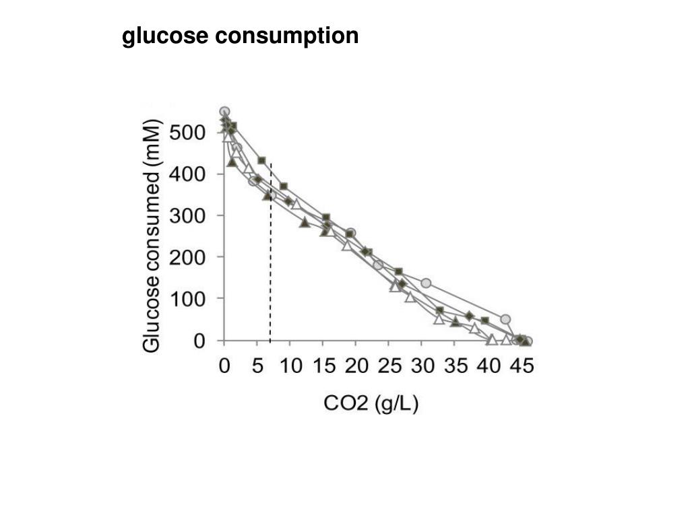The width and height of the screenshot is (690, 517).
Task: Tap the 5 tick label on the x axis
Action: [258, 367]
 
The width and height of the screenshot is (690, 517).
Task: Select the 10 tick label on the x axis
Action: [290, 367]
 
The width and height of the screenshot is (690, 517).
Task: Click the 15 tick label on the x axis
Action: [323, 367]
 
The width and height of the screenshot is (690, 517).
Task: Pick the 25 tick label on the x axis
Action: [389, 367]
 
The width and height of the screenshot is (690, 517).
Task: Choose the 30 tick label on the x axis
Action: [422, 367]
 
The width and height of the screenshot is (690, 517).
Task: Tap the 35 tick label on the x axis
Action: [456, 367]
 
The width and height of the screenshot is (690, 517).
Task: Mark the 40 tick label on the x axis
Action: [488, 367]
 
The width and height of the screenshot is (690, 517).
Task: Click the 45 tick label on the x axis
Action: [521, 367]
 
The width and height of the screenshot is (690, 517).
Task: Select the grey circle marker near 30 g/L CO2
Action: [426, 283]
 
